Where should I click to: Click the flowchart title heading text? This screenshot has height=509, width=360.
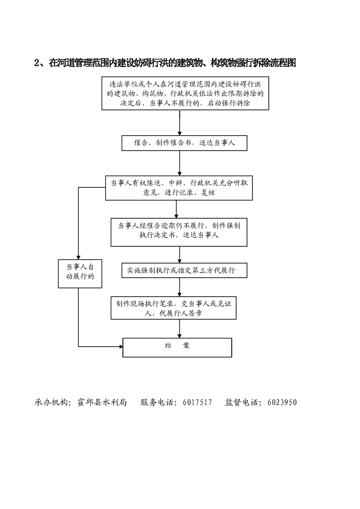point(166,63)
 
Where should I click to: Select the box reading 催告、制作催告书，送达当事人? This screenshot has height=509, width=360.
point(183,143)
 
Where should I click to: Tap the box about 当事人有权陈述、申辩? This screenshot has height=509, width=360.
point(179,188)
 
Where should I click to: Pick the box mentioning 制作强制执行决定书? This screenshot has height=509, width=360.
point(180,231)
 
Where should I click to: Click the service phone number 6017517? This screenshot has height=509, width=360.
point(197,402)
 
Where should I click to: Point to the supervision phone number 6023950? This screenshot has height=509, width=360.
point(282,402)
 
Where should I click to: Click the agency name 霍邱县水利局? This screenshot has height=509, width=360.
point(100,402)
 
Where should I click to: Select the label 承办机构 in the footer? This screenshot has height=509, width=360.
point(51,402)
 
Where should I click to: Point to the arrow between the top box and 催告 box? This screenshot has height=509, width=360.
point(180,122)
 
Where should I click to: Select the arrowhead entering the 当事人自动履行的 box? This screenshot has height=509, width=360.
point(79,257)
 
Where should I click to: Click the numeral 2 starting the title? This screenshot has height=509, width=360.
point(37,64)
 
